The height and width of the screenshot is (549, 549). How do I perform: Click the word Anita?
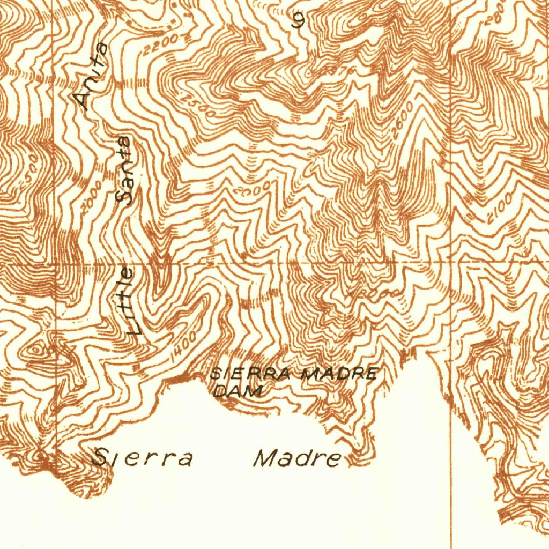coord(91,77)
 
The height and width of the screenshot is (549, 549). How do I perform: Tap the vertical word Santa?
coord(125,171)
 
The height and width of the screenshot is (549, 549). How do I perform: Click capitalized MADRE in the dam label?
coord(340,374)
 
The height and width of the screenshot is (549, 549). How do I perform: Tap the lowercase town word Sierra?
coord(142,458)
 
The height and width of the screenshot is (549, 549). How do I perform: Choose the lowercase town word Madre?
coord(298,459)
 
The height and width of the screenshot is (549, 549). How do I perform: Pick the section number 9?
coord(299,20)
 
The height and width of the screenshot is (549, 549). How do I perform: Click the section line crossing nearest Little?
coord(56,264)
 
